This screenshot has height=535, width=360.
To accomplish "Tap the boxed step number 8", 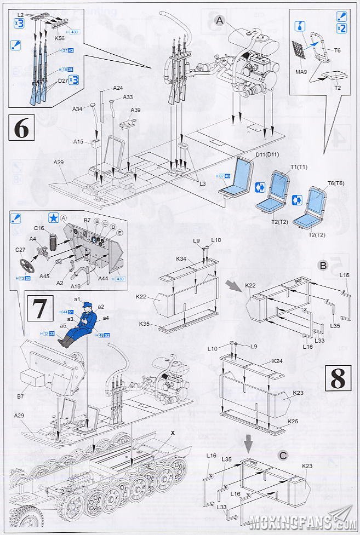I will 338,378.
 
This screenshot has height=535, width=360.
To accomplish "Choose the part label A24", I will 118,88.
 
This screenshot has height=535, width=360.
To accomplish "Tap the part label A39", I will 135,110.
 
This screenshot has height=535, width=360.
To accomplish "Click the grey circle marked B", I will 323,266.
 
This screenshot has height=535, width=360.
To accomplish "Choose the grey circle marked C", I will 283,455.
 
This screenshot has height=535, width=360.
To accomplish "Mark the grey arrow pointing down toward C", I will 249,441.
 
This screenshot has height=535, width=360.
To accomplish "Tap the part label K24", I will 277,361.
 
